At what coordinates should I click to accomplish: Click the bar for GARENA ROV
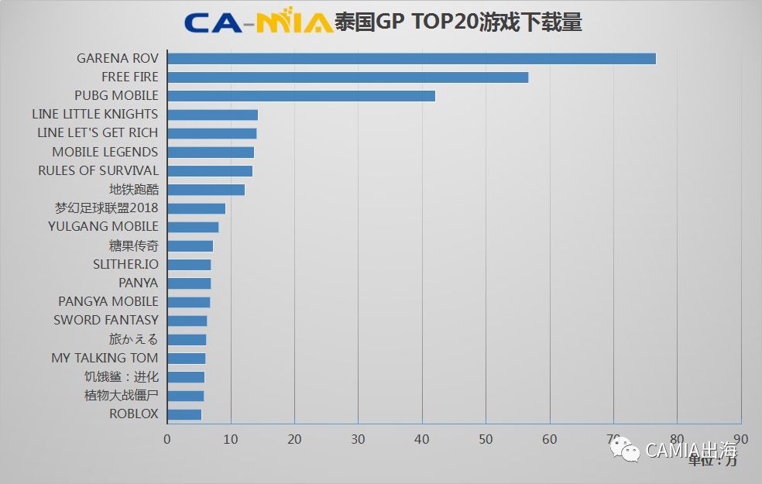(411, 59)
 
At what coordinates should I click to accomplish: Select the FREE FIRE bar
(348, 77)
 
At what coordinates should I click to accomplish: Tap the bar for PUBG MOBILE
(301, 96)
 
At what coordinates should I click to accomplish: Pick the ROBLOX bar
(184, 414)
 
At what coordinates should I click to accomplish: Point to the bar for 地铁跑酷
(206, 190)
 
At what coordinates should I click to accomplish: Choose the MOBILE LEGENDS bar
(211, 153)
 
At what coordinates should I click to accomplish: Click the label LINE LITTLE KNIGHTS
(94, 115)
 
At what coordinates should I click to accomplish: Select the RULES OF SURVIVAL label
(98, 170)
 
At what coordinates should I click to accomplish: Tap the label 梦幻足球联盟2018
(106, 208)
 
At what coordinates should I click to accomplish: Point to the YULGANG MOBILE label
(103, 227)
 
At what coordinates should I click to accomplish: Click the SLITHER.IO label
(125, 264)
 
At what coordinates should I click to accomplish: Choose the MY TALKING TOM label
(105, 358)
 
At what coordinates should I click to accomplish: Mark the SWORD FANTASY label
(105, 320)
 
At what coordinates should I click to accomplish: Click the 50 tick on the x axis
(486, 439)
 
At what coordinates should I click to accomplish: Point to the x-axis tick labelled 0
(167, 439)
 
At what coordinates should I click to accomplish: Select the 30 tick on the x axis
(359, 439)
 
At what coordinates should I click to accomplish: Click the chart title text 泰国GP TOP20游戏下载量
(458, 22)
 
